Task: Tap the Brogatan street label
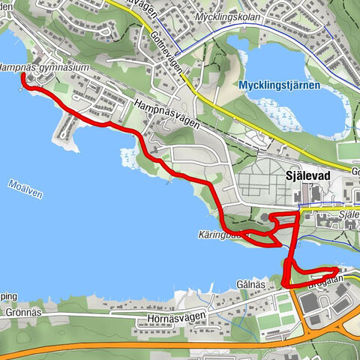click(x=325, y=279)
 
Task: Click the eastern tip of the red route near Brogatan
click(x=335, y=271)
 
